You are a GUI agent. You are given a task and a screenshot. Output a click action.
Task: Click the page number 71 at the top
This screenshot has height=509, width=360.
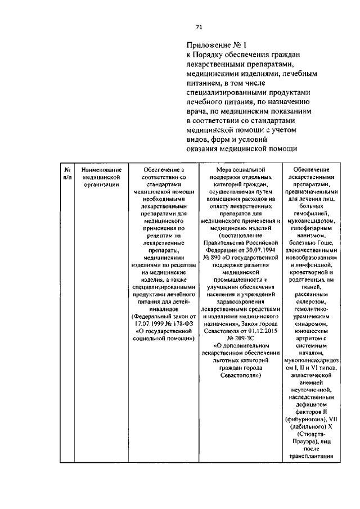pyautogui.click(x=199, y=26)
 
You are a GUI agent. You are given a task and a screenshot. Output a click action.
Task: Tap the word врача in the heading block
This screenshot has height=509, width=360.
pyautogui.click(x=198, y=112)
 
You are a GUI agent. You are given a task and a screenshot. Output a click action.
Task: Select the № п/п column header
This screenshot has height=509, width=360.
pyautogui.click(x=67, y=173)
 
